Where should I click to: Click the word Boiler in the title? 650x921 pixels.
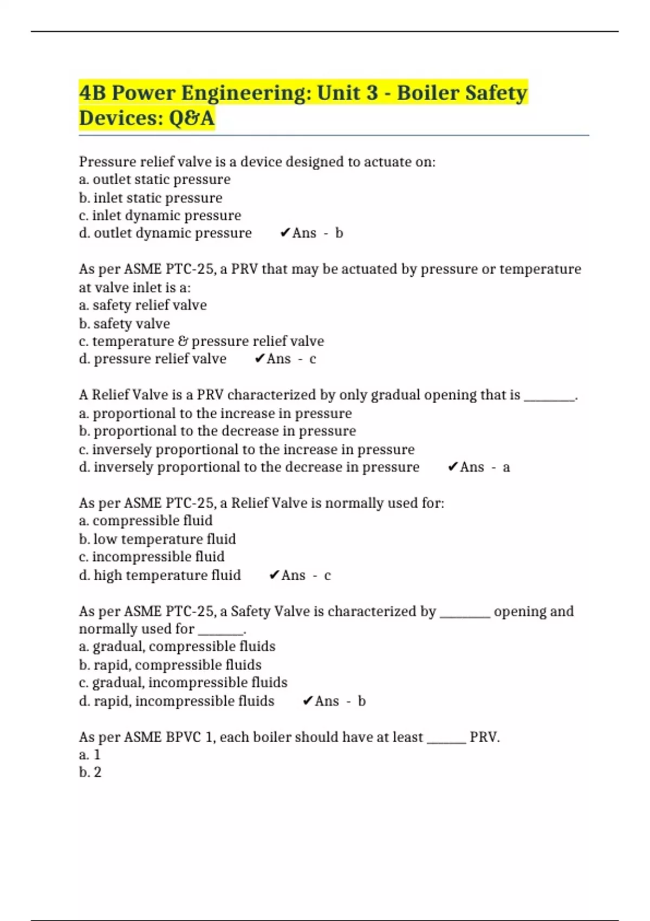(x=428, y=93)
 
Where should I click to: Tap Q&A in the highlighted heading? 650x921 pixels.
(x=192, y=118)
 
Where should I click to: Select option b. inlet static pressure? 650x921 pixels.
(x=151, y=198)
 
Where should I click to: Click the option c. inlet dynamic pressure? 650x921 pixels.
(x=160, y=216)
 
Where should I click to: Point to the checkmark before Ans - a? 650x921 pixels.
(x=453, y=467)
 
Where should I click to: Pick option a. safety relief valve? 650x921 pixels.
(x=143, y=305)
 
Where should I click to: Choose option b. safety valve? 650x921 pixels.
(x=125, y=323)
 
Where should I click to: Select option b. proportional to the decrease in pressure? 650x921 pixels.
(x=217, y=431)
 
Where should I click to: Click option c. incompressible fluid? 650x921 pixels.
(x=152, y=557)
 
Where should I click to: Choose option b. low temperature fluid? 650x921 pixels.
(x=157, y=539)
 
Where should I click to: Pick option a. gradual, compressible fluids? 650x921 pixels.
(x=177, y=646)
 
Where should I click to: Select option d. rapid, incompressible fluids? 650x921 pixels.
(x=177, y=701)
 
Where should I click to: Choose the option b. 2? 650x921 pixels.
(x=90, y=773)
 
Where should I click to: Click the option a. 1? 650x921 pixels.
(x=90, y=755)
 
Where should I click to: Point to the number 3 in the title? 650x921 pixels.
(x=372, y=93)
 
